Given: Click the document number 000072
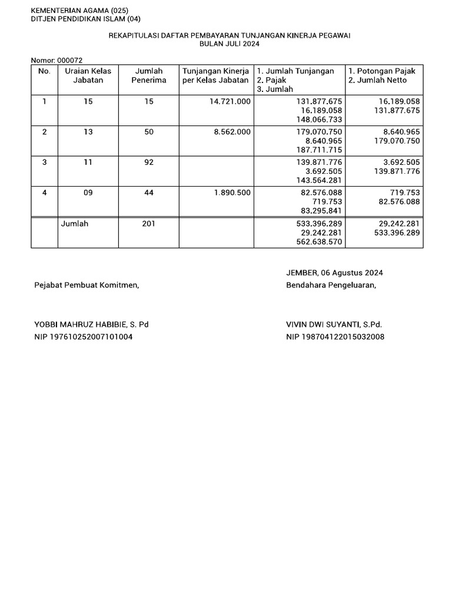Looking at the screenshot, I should (x=70, y=60).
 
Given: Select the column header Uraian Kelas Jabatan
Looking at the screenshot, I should (x=88, y=75).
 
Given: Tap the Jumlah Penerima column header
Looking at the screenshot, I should (x=149, y=75).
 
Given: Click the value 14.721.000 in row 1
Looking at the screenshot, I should (x=230, y=101).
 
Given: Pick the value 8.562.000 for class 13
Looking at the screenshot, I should (x=232, y=132).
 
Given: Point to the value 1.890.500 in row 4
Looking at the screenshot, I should (x=232, y=193).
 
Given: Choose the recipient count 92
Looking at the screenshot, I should (x=149, y=162).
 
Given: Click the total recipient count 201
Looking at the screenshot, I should (x=149, y=224).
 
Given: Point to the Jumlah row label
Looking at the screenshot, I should (x=74, y=224).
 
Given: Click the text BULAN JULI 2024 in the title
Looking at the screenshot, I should (x=230, y=44).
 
